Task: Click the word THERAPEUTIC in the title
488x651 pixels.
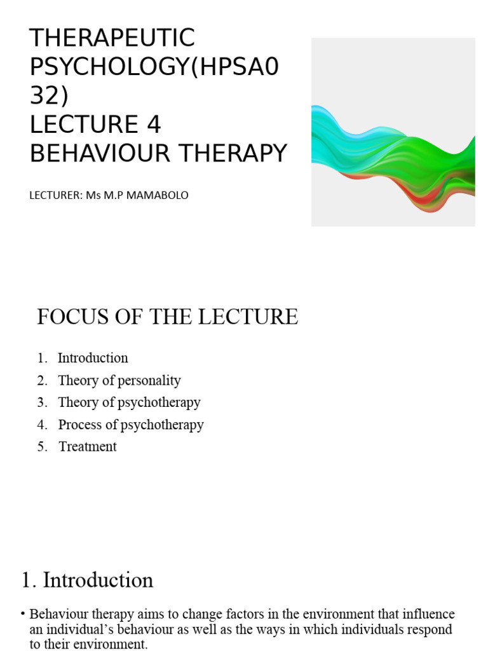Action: [x=112, y=39]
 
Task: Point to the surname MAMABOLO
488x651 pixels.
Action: [x=156, y=195]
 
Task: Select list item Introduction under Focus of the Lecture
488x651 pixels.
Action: [x=93, y=358]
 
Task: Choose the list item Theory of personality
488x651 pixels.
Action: [x=119, y=380]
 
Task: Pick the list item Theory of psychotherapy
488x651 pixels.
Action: [x=129, y=402]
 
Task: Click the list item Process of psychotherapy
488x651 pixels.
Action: [x=131, y=425]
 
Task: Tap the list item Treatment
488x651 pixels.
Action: [x=88, y=447]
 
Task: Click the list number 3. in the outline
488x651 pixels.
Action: [x=43, y=402]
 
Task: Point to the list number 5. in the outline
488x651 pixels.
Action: [x=43, y=447]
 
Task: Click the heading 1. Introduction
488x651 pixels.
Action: [x=87, y=580]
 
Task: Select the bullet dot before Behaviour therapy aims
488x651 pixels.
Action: [x=23, y=614]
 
